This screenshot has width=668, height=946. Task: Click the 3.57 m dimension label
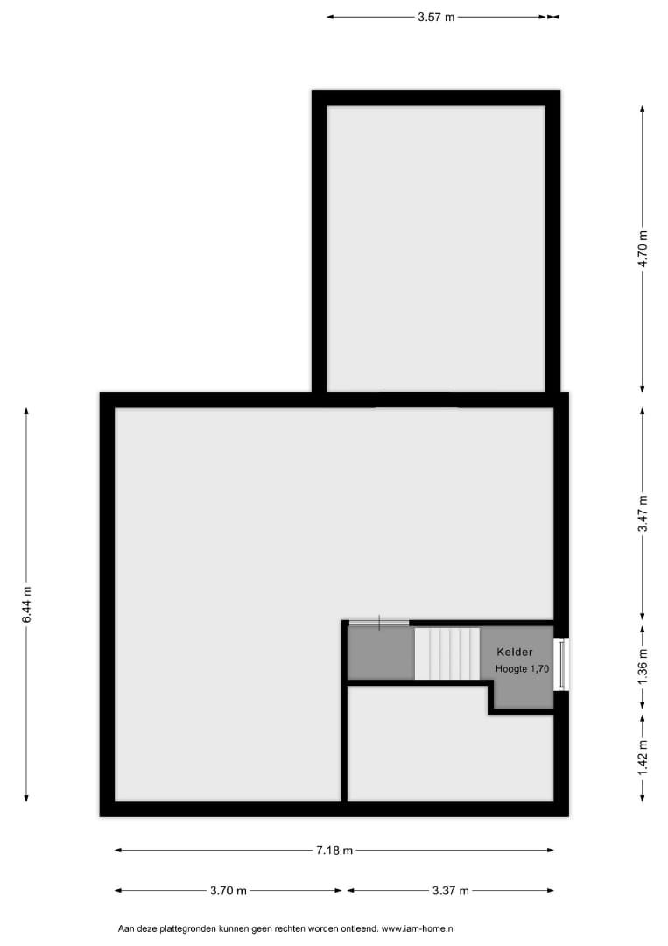(436, 17)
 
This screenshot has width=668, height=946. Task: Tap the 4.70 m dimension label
(643, 249)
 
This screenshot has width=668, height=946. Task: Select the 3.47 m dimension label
(643, 513)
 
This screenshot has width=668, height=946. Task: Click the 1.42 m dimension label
(643, 759)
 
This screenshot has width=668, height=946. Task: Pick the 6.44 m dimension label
(26, 605)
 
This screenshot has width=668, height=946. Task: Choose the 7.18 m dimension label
(334, 850)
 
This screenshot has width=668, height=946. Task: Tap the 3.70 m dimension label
(229, 891)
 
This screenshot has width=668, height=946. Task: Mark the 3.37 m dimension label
(450, 891)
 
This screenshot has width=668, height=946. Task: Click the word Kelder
(514, 653)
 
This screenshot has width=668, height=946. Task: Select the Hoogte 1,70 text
(522, 668)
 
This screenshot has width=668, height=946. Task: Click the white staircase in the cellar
(447, 653)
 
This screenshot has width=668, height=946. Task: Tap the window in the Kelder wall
(562, 664)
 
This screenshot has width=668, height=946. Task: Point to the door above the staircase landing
(378, 623)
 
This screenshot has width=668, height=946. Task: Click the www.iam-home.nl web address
(418, 929)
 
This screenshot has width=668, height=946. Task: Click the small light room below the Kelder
(450, 759)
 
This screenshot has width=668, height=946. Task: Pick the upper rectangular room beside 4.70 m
(436, 249)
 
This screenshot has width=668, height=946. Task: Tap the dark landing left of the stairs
(381, 653)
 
